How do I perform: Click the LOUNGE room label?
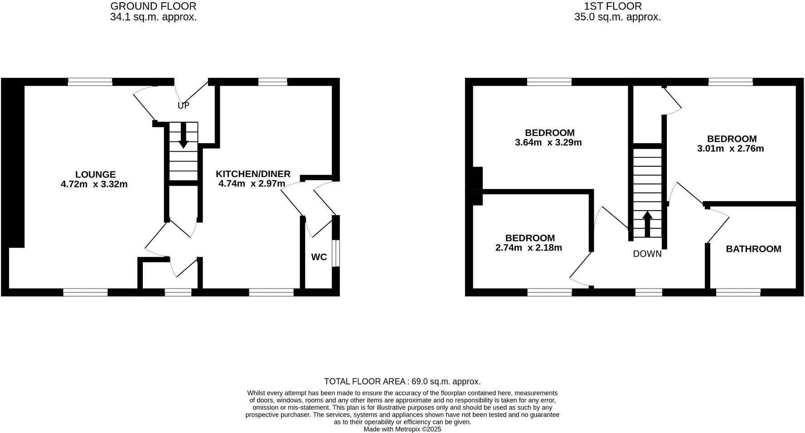click(x=95, y=174)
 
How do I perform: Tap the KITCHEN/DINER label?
click(x=252, y=174)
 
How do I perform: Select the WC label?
click(x=319, y=257)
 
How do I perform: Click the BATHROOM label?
click(x=753, y=249)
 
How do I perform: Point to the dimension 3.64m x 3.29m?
click(x=548, y=143)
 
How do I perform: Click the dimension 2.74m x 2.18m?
click(x=529, y=248)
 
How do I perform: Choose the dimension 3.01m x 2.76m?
click(x=730, y=149)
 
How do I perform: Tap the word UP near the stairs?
click(x=183, y=106)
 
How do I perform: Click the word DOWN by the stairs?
click(x=647, y=254)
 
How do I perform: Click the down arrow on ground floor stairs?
click(x=183, y=136)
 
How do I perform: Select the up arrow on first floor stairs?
click(x=647, y=223)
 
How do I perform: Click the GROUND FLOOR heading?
click(x=153, y=6)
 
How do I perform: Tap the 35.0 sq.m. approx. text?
click(x=617, y=17)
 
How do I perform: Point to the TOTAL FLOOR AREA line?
click(x=402, y=381)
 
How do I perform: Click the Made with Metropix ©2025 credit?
click(x=402, y=429)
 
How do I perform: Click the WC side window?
click(x=335, y=253)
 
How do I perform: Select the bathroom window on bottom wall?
click(x=738, y=293)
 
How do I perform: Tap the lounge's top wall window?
click(x=90, y=82)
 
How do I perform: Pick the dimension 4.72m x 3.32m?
click(x=94, y=184)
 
